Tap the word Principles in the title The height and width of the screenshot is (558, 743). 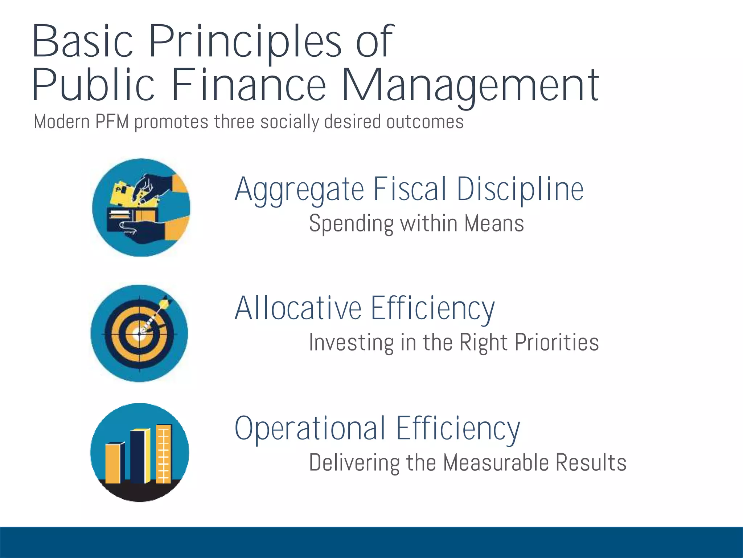pos(245,43)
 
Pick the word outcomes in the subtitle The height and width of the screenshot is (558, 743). pos(424,122)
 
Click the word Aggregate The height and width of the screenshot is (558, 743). pos(299,190)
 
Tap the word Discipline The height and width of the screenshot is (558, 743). pos(520,190)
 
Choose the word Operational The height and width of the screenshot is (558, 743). pos(310,429)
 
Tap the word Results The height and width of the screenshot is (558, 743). pos(591,462)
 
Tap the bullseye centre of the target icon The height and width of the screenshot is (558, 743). pos(139,334)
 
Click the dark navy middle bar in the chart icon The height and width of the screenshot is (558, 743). pos(138,457)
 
